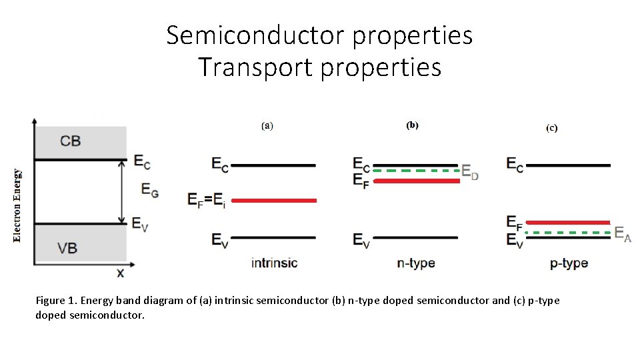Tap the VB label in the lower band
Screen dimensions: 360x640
(67, 248)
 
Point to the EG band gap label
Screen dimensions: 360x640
(151, 190)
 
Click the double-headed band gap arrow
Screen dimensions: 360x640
(122, 192)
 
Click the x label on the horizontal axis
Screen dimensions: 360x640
(121, 273)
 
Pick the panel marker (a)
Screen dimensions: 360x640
(267, 125)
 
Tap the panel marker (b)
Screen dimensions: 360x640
(413, 125)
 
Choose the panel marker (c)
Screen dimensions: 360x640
(552, 127)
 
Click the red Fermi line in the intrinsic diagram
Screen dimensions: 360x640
(274, 200)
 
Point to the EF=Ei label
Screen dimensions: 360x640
(207, 199)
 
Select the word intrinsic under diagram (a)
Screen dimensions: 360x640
(274, 263)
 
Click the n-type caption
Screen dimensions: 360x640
(416, 263)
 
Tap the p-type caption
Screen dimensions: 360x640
(569, 263)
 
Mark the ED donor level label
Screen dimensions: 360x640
(471, 173)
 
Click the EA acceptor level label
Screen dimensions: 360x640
(623, 233)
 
